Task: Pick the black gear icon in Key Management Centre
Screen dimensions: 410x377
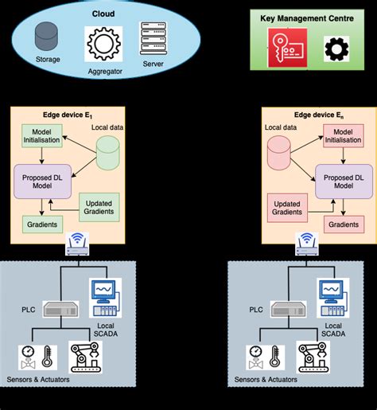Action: pyautogui.click(x=336, y=49)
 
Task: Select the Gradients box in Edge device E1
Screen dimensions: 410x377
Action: pyautogui.click(x=41, y=225)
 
